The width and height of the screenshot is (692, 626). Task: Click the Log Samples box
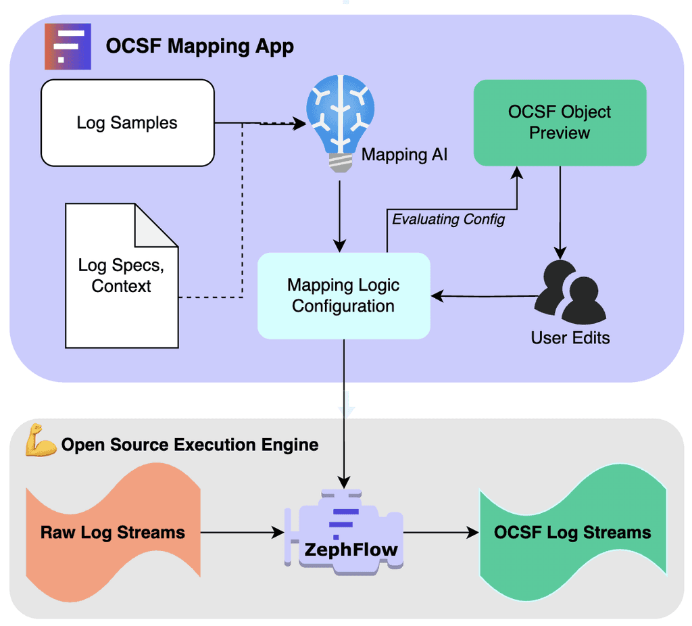[127, 123]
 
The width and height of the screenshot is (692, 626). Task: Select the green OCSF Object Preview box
[560, 122]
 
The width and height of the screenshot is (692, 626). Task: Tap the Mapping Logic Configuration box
[343, 295]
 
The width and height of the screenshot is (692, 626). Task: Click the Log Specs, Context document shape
[122, 276]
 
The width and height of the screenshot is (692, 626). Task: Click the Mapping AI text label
[404, 154]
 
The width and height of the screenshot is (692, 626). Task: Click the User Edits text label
[570, 337]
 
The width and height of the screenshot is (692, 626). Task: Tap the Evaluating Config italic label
[448, 219]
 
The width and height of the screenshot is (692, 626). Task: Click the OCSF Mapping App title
[199, 47]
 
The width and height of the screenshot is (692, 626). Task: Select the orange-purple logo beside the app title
[68, 47]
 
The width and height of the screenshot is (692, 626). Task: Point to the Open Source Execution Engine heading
[190, 445]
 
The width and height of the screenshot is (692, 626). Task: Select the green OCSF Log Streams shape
[572, 532]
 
